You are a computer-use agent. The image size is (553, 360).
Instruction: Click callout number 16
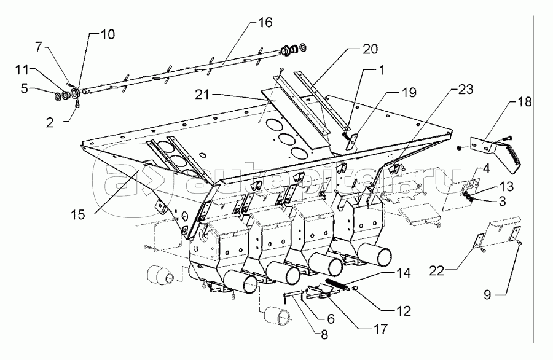tap(265, 22)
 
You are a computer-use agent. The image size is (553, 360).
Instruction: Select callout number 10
tap(108, 34)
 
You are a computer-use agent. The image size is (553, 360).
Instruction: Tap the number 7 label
tap(39, 46)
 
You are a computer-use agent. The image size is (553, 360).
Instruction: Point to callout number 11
tap(22, 69)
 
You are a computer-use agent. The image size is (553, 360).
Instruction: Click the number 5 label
tap(24, 88)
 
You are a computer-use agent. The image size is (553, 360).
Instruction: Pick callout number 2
tap(50, 122)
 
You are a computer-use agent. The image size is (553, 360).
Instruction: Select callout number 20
tap(371, 49)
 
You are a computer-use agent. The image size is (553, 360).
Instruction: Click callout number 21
tap(202, 95)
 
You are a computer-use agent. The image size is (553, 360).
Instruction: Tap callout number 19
tap(409, 92)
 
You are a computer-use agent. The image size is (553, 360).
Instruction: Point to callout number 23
tap(466, 89)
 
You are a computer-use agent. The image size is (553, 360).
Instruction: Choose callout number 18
tap(525, 102)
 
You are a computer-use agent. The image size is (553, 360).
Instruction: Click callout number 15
tap(78, 215)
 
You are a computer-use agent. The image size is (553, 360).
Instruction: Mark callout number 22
tap(437, 271)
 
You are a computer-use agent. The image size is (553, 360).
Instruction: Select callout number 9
tap(487, 294)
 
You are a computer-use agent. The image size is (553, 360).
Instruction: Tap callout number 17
tap(381, 329)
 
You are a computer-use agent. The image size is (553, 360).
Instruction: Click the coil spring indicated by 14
tap(338, 284)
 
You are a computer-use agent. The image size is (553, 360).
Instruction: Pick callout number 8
tap(324, 335)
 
